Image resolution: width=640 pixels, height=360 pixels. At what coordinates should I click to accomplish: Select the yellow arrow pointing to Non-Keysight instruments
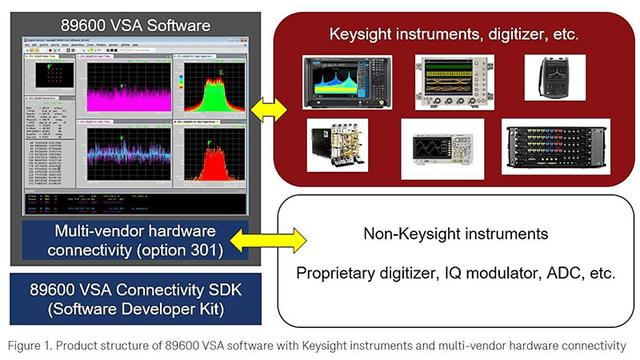(x=267, y=237)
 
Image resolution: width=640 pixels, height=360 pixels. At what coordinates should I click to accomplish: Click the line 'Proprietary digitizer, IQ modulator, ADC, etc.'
(x=455, y=273)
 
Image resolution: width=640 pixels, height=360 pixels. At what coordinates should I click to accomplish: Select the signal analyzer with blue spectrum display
(x=347, y=82)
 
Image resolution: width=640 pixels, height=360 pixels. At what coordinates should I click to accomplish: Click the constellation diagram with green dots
(x=49, y=77)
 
